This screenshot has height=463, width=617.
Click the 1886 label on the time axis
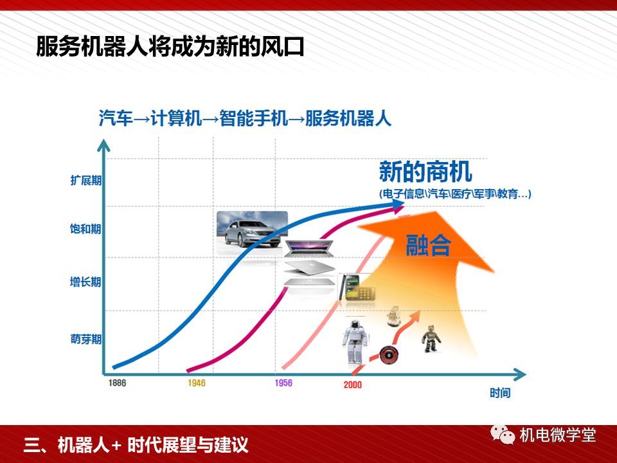pos(117,383)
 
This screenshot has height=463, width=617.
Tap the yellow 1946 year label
pos(197,383)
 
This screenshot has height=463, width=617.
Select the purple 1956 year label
pos(283,383)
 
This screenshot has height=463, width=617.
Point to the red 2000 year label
pos(352,385)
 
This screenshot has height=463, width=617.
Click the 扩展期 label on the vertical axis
pos(85,180)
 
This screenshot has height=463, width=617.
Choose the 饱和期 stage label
pos(85,229)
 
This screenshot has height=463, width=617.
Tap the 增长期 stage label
pos(85,282)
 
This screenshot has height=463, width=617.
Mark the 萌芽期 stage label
pos(85,339)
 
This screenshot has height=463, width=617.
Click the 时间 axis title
pos(500,392)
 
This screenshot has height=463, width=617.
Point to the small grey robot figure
pos(431,338)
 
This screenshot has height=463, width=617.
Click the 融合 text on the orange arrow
pos(428,245)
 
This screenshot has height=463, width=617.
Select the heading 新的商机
pos(425,171)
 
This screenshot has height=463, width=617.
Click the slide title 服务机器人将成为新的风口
pos(170,47)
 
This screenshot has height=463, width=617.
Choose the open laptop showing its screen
pos(309,248)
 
